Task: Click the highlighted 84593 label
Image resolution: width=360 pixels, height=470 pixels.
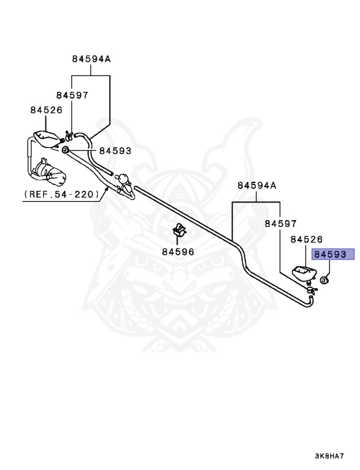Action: coord(330,255)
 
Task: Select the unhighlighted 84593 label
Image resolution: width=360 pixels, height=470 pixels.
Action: coord(116,151)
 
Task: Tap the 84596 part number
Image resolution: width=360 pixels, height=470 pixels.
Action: coord(178,252)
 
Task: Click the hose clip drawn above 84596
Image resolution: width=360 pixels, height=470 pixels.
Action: coord(179,230)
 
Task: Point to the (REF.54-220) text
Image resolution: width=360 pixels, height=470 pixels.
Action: coord(62,194)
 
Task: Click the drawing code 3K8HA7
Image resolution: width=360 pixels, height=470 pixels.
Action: coord(329,456)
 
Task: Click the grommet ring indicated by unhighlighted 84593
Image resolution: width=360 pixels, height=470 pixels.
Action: coord(65,149)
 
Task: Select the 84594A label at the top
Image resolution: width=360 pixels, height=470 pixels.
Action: coord(91,59)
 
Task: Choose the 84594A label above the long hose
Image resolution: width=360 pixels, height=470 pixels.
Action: coord(257,185)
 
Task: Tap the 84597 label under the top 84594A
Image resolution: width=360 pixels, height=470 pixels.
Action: coord(72,95)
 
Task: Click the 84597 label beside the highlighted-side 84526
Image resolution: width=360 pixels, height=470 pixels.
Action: coord(280,223)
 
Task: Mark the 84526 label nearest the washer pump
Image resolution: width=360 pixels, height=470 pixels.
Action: coord(46,110)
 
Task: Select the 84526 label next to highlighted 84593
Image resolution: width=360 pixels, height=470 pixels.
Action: coord(306,239)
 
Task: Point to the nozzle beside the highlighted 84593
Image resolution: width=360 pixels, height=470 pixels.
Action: coord(304,274)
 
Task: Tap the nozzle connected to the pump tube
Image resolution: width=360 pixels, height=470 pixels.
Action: coord(47,139)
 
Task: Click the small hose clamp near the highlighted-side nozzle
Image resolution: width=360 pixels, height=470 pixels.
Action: coord(311,289)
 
